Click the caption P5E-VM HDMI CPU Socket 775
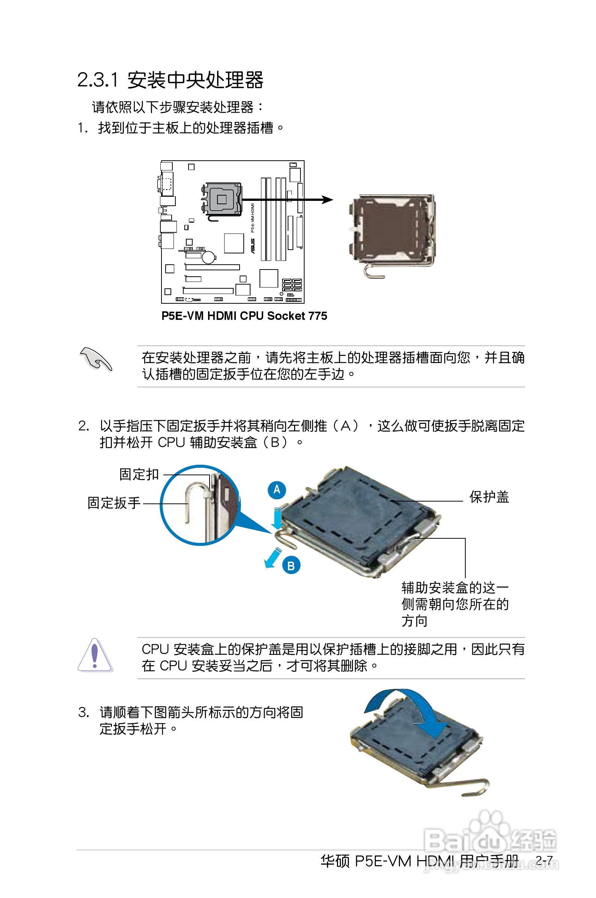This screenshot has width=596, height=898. pyautogui.click(x=244, y=316)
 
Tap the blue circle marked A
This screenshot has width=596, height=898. pyautogui.click(x=277, y=489)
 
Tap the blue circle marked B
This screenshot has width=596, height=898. pyautogui.click(x=291, y=566)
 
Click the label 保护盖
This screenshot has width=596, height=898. pyautogui.click(x=489, y=497)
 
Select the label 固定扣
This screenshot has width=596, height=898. pyautogui.click(x=139, y=474)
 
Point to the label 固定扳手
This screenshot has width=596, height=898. pyautogui.click(x=114, y=503)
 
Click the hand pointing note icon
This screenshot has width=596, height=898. pyautogui.click(x=96, y=359)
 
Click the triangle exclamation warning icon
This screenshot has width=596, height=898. pyautogui.click(x=95, y=655)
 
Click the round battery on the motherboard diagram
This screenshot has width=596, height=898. pyautogui.click(x=208, y=257)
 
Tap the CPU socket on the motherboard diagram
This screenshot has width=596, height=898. pyautogui.click(x=221, y=199)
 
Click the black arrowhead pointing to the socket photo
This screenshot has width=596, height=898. pyautogui.click(x=327, y=199)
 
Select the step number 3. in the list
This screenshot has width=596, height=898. pyautogui.click(x=84, y=712)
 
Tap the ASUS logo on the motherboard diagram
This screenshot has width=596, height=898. pyautogui.click(x=252, y=246)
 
